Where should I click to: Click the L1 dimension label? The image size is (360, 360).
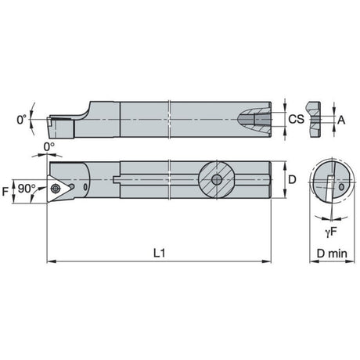[159, 253]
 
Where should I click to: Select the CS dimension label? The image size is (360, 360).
[296, 119]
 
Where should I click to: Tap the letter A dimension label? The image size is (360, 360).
[341, 121]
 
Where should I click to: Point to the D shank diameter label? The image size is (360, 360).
[292, 179]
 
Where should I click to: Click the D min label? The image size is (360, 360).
[332, 254]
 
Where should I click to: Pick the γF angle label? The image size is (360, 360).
[331, 232]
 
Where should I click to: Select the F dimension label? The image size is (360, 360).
[5, 192]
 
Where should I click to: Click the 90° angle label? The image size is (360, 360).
[27, 189]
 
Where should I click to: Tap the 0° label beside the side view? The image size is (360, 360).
[22, 120]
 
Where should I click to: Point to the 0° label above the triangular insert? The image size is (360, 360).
[49, 147]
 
